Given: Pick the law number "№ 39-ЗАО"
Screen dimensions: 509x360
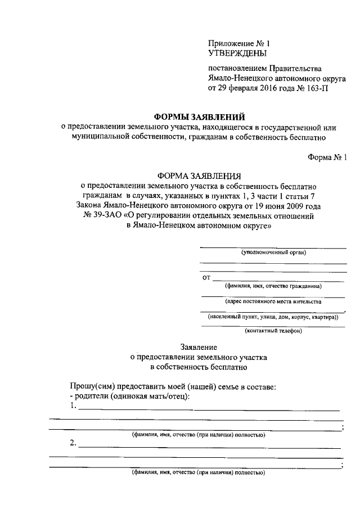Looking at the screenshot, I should coord(102,215).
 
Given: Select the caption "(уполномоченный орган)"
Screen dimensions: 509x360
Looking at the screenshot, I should coord(273,253).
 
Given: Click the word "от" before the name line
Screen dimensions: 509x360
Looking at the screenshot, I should coord(206,277).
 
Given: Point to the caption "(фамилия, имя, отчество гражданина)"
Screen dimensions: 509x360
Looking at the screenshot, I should coord(273,286).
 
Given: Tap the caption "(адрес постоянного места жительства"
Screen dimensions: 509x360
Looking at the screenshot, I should coord(273,301).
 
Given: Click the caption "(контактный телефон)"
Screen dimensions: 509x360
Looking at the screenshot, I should coord(273,331).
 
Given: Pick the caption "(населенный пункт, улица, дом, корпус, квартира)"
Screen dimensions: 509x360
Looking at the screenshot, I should coord(273,317).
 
